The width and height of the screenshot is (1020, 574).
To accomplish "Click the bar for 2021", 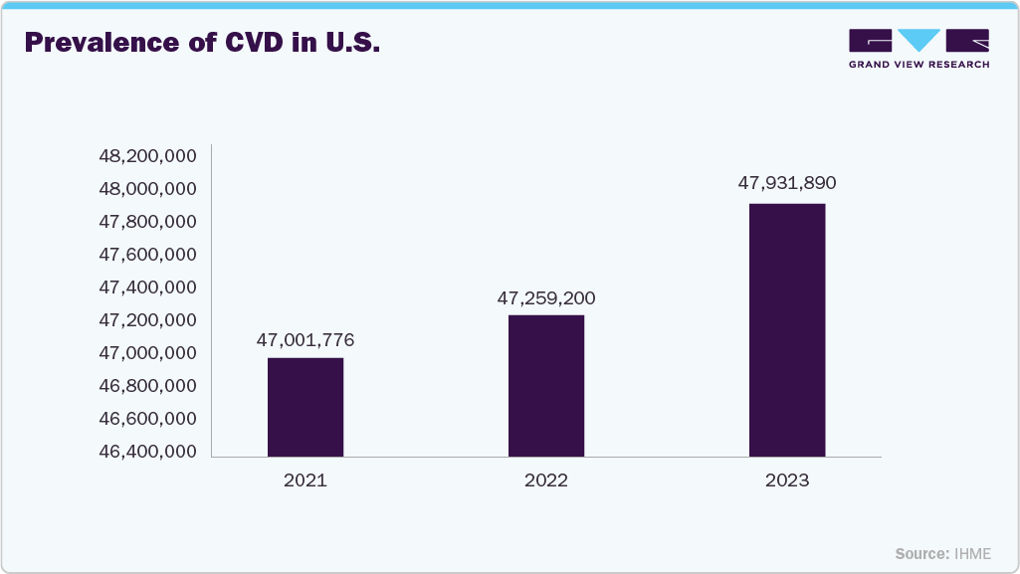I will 306,407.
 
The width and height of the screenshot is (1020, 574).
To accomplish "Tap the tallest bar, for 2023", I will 787,329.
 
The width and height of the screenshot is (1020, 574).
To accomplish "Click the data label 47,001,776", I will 306,340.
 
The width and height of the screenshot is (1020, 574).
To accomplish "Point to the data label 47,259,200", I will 546,297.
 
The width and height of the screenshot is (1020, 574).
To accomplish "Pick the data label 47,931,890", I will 787,183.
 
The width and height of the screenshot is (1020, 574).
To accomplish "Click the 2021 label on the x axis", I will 306,480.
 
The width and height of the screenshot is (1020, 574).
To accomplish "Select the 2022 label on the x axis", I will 546,480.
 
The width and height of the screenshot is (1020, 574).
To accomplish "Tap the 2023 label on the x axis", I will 787,480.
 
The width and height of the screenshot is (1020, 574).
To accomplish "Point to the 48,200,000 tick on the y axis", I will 147,156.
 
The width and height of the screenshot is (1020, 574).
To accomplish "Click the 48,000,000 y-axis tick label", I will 147,189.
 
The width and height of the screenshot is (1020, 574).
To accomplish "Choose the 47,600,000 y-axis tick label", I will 147,255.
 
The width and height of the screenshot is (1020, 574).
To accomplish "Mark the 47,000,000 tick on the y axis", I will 147,353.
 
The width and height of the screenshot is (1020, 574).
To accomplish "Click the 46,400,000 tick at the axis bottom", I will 147,452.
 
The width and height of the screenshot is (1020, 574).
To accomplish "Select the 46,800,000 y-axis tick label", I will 147,386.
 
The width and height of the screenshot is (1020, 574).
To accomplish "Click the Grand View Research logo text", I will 918,65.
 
